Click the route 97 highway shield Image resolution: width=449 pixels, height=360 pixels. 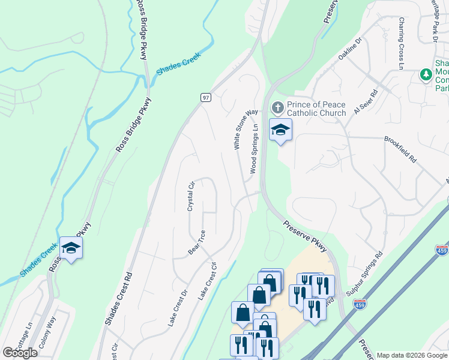click(x=205, y=97)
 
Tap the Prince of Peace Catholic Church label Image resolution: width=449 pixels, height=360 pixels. click(x=316, y=109)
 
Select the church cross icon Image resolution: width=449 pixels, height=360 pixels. click(x=277, y=109)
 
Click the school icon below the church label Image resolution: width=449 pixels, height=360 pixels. click(x=280, y=130)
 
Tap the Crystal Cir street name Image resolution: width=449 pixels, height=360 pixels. click(x=191, y=196)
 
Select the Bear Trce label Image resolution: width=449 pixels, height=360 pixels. click(x=197, y=242)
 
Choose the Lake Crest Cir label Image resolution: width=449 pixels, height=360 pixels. click(x=206, y=281)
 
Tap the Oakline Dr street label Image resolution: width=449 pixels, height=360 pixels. click(x=350, y=49)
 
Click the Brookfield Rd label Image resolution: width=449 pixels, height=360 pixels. click(x=400, y=150)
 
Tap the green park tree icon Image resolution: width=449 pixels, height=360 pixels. click(x=426, y=75)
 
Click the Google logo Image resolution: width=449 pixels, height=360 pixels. click(x=20, y=353)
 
